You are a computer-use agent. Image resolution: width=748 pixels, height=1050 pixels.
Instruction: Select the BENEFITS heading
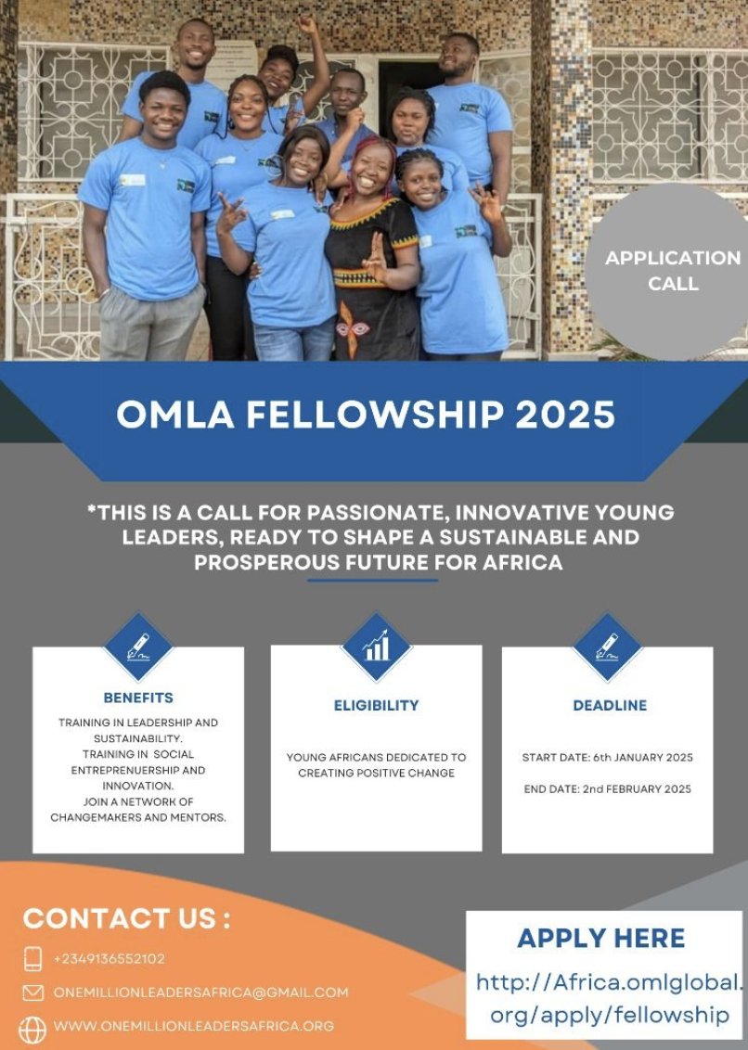coord(138,698)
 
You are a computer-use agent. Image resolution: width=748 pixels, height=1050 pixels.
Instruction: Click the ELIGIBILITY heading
coord(376,705)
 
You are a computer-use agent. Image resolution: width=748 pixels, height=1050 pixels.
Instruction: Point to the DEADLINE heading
coord(609,705)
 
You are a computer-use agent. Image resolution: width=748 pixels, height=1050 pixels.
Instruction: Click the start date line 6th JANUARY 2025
coord(607,758)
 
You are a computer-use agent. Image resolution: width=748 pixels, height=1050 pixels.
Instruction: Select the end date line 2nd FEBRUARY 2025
coord(607,789)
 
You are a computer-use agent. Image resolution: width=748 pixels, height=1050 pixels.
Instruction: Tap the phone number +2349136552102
coord(110,958)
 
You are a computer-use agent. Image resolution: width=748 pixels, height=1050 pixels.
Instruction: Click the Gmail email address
coord(200,992)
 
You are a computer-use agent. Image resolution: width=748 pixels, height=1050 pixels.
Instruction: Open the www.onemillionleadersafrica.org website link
coord(193,1026)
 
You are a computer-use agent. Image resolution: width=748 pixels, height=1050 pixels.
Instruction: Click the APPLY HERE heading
coord(601,938)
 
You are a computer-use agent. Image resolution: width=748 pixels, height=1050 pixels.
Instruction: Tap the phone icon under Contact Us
coord(33,958)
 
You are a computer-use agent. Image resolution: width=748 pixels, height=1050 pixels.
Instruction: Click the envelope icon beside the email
coord(33,992)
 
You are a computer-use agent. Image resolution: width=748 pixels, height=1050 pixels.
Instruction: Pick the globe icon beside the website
coord(32,1028)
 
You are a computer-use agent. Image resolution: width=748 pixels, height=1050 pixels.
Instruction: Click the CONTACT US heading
coord(127,918)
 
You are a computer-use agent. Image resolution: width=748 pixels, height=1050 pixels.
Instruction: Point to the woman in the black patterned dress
coord(372,269)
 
